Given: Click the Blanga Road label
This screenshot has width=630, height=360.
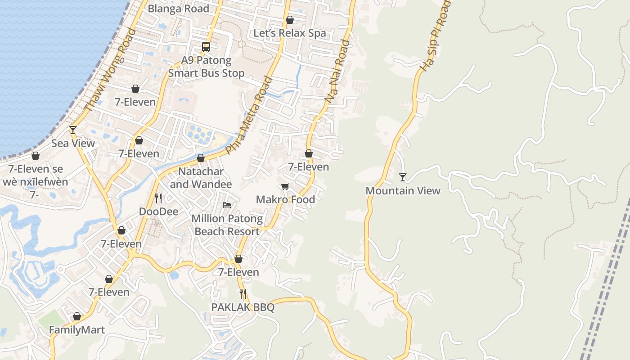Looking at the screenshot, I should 178,9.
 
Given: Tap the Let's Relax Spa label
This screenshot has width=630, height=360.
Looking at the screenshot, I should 289,33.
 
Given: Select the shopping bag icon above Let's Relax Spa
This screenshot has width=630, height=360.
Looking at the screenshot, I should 290,20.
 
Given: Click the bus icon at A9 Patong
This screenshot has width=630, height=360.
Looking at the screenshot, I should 206,46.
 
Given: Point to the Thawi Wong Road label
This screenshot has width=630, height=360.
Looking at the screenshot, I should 110,69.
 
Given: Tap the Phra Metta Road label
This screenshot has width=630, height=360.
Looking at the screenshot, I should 249,116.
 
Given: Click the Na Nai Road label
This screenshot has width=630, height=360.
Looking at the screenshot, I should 337,72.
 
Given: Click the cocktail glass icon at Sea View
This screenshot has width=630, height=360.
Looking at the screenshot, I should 73,130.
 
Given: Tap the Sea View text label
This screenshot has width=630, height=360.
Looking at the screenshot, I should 73,143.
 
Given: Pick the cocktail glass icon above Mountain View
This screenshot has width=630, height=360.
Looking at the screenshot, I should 403,177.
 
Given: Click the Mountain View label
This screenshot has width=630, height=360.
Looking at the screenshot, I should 403,190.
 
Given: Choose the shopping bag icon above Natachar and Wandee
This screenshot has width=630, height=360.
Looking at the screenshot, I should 201,158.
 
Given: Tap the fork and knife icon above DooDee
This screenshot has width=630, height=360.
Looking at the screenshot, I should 158,198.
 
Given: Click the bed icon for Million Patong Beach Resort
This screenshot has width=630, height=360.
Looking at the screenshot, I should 227,205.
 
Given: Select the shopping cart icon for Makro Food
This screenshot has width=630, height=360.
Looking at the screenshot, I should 285,186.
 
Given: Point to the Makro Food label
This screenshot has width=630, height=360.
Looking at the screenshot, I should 285,199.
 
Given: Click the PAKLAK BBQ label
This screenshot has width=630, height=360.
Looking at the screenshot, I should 243,307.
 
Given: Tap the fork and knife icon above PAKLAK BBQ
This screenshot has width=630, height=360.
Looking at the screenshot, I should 243,294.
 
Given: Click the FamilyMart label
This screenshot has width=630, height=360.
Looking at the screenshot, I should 77,329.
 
